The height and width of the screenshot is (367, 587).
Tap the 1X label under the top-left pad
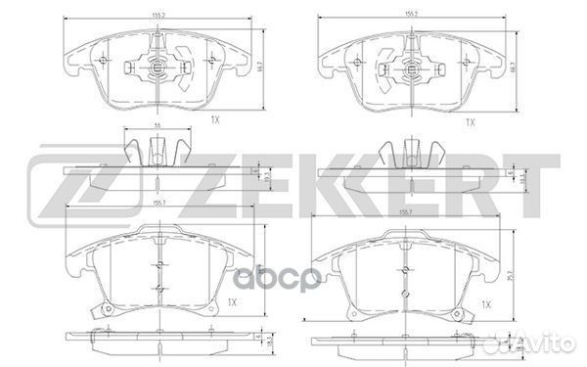pos(214,120)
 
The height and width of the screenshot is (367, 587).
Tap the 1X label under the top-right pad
pos(469,121)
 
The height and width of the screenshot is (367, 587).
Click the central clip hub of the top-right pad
pos(409,69)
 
